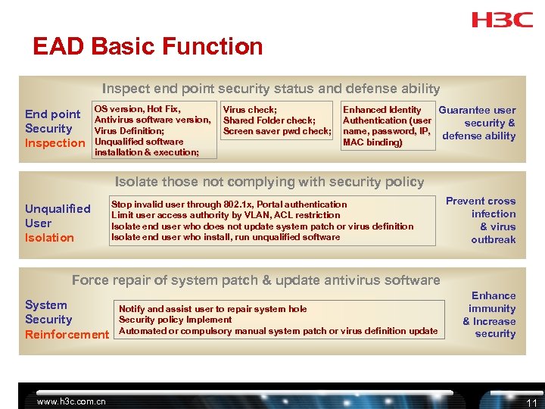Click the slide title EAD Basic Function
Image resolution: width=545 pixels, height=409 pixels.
click(148, 47)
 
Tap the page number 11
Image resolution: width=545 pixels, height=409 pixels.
click(531, 402)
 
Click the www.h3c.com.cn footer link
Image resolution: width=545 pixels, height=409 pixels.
click(72, 401)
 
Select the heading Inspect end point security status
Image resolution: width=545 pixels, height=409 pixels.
click(271, 89)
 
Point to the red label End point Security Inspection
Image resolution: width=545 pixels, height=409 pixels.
click(54, 129)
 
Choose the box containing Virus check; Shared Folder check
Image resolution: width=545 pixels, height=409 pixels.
click(277, 120)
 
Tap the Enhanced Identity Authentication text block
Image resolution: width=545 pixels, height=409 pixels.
click(388, 126)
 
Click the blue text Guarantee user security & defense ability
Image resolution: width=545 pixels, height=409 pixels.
click(478, 123)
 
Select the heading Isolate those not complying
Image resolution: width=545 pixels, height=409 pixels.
click(269, 182)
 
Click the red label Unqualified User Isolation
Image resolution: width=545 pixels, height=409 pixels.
click(58, 223)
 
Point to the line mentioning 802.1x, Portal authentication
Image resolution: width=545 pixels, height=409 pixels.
click(229, 204)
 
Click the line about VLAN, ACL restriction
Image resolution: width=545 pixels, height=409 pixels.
click(226, 215)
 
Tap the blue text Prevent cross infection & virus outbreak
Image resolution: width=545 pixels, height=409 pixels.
click(482, 220)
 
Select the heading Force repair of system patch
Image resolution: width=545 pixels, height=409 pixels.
click(256, 280)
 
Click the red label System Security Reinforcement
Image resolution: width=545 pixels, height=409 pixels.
click(67, 320)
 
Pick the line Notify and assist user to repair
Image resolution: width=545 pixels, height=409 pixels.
click(213, 309)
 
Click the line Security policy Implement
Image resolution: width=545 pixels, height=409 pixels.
click(176, 320)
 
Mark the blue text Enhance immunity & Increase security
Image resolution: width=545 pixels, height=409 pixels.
click(490, 314)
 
